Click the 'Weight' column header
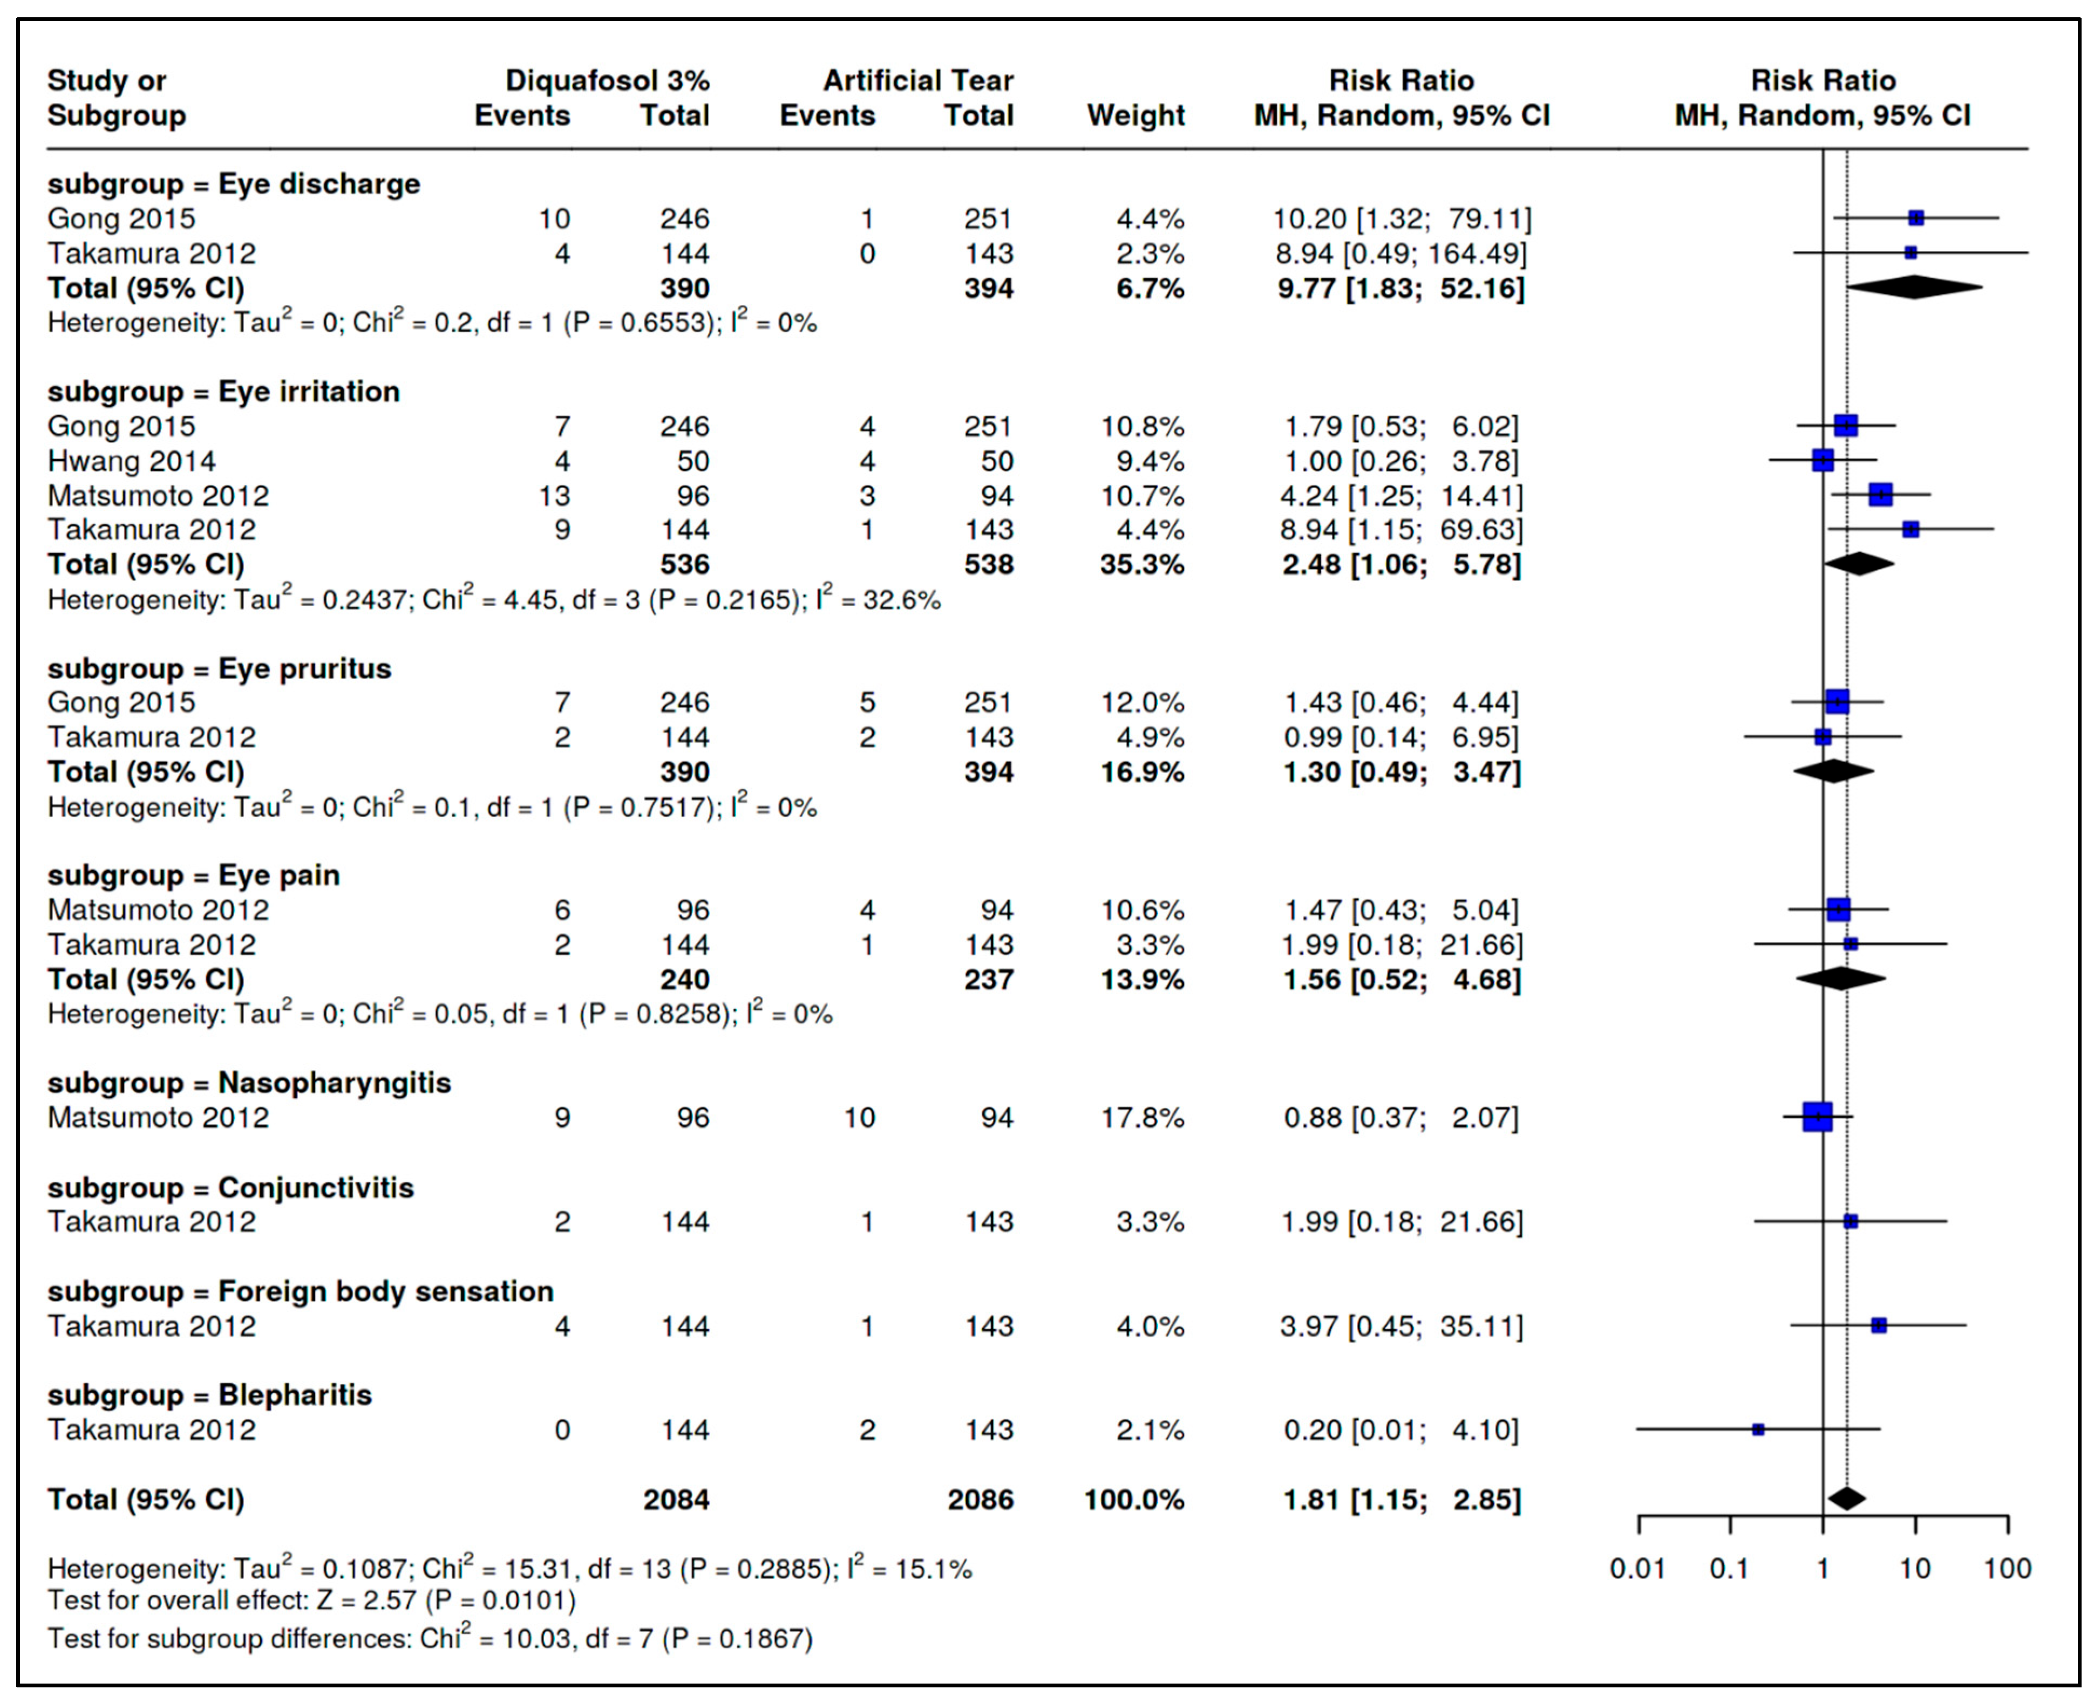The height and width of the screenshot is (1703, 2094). pos(1136,116)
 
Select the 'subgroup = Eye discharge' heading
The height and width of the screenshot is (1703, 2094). pos(234,184)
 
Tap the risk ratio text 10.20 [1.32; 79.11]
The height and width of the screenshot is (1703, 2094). pos(1401,219)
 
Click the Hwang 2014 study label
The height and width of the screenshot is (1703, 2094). pos(132,461)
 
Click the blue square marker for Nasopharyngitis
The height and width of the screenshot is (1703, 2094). pos(1817,1117)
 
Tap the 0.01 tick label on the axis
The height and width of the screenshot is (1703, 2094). pos(1638,1569)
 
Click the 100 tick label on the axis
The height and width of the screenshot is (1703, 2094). pos(2007,1569)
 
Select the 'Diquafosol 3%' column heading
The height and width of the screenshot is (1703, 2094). pos(607,80)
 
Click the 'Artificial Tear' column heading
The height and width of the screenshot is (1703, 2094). pos(917,80)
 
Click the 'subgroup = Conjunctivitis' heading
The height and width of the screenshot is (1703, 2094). pos(230,1188)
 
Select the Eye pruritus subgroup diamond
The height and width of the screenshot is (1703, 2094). pos(1833,772)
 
